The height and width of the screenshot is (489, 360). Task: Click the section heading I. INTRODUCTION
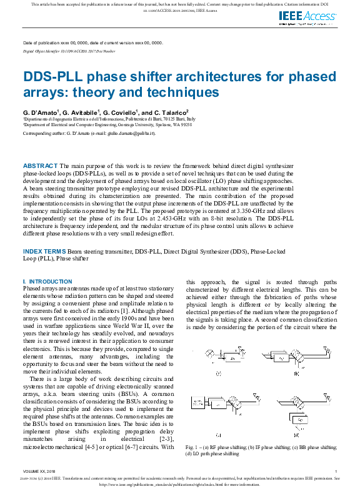click(x=47, y=282)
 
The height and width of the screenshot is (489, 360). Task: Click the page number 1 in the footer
click(x=336, y=471)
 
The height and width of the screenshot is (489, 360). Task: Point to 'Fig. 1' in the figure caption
click(x=191, y=448)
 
